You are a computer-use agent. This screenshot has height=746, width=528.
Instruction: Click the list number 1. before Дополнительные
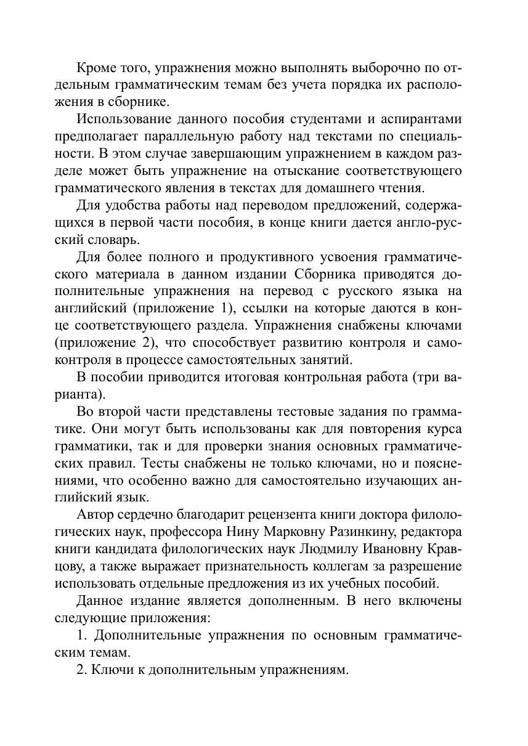82,635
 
